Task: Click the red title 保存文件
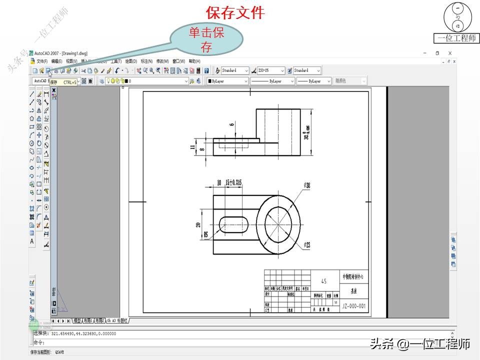pos(234,12)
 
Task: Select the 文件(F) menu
pos(41,61)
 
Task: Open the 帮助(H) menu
pos(194,61)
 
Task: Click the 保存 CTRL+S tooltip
pos(63,81)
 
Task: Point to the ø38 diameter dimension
pos(306,185)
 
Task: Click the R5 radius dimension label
pos(204,234)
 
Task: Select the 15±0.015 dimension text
pos(233,183)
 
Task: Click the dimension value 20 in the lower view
pos(198,225)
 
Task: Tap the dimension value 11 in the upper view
pos(192,147)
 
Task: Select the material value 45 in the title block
pos(324,282)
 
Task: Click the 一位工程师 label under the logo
pos(456,38)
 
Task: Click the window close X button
pos(450,53)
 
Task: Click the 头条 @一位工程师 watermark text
pos(420,344)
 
